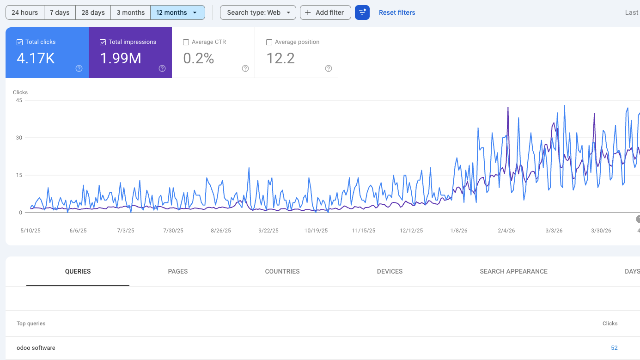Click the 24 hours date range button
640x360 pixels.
25,12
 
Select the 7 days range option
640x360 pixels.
60,12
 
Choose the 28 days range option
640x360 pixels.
93,12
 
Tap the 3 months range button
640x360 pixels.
131,12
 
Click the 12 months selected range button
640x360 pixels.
178,12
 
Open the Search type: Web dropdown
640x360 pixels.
258,12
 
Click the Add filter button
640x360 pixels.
325,12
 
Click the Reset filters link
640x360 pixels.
397,12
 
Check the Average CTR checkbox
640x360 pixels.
186,43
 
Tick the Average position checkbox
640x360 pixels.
269,43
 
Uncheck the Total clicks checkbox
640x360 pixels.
20,43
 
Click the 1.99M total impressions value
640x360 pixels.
121,58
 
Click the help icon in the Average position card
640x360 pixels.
329,68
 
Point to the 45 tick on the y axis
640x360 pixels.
19,100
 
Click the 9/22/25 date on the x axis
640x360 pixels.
268,231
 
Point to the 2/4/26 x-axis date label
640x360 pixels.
506,231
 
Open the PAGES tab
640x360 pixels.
178,271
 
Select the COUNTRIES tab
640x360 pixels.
282,271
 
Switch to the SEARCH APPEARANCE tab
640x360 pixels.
514,271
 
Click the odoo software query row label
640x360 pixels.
36,348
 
